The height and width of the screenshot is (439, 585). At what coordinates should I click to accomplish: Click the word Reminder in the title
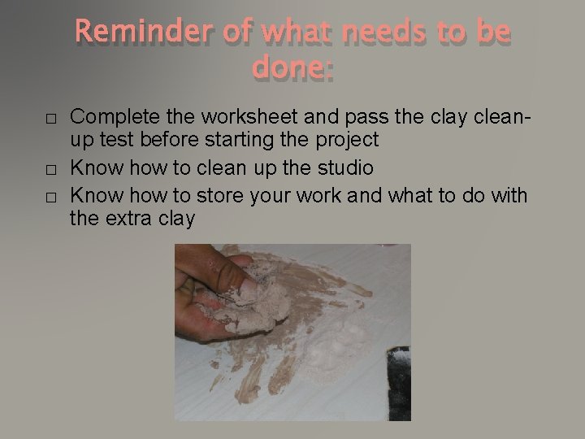coord(147,33)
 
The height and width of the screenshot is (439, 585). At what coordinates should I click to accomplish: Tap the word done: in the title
coord(292,69)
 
